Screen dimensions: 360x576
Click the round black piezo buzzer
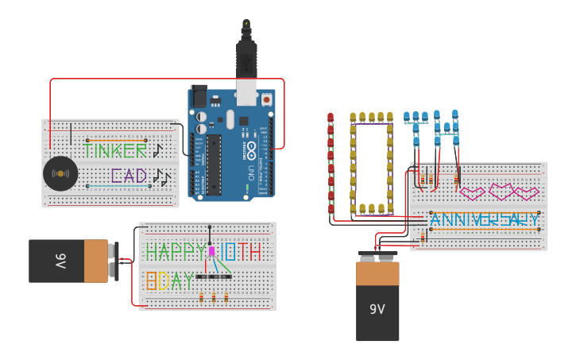click(x=60, y=173)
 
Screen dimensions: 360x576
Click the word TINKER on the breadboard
click(x=115, y=150)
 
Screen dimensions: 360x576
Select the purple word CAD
click(x=128, y=176)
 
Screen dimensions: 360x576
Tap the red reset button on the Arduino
click(x=266, y=99)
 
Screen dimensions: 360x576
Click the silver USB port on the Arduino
click(x=246, y=93)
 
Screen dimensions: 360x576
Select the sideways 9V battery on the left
click(x=70, y=261)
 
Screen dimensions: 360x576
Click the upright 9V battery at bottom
click(x=377, y=300)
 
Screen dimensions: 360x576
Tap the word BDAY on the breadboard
click(x=169, y=281)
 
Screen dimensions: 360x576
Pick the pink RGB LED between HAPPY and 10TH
click(x=212, y=251)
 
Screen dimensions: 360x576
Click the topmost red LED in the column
click(x=331, y=118)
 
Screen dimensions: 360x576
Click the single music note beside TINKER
click(x=157, y=149)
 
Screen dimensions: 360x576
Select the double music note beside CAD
click(x=161, y=176)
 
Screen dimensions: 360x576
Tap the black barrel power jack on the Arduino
click(x=198, y=95)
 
